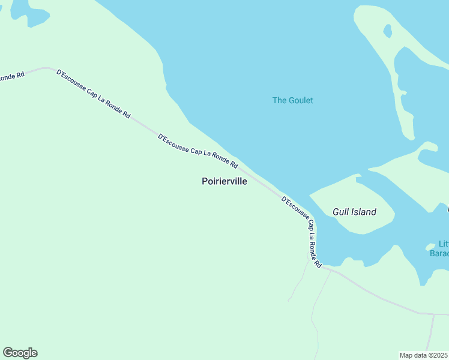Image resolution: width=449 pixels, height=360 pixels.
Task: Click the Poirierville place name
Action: coord(224,181)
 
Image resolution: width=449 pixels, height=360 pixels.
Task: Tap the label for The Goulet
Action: coord(292,100)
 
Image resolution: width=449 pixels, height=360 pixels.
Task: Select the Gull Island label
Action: coord(354,212)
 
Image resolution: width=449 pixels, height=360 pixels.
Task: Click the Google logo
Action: coord(20,353)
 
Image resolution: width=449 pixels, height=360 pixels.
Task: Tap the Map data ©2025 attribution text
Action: coord(424,355)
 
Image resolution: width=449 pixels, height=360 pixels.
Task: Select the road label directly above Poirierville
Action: coord(197,151)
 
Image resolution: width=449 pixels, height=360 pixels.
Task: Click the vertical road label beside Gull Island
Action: coord(302,231)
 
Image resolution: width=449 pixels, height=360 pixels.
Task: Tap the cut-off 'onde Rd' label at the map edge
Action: coord(12,77)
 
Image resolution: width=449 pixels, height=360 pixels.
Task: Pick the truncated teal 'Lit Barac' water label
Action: coord(441,248)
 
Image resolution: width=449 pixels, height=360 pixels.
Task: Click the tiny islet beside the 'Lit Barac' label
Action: coord(430,246)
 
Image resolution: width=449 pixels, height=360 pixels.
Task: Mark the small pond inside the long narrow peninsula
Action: coord(388,30)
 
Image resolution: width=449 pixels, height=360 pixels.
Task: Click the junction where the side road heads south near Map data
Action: coord(433,314)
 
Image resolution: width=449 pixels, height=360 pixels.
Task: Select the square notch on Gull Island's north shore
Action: coord(358,179)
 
